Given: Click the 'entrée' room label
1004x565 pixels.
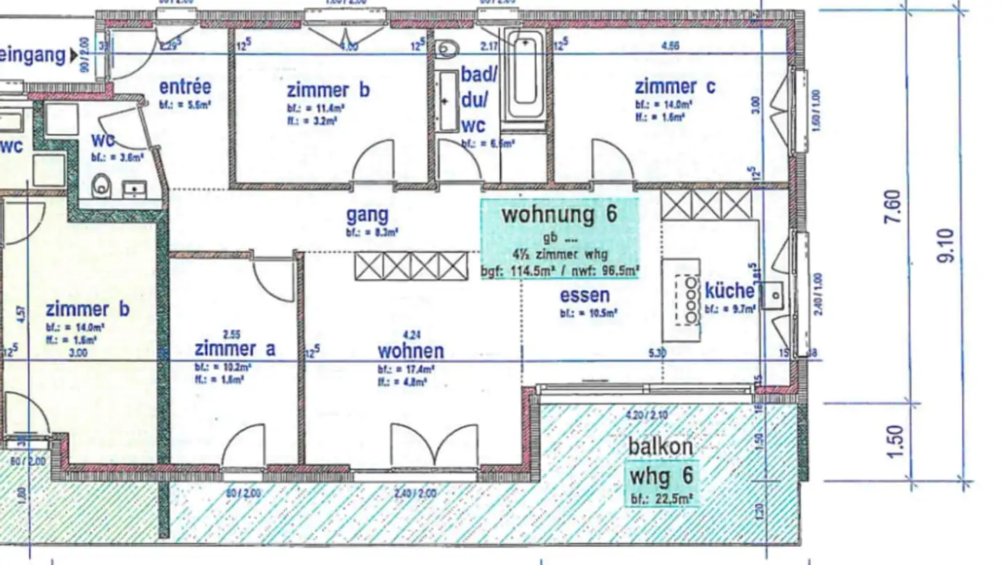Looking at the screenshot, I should [x=185, y=87].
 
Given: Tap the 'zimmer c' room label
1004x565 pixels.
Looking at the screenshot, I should [x=674, y=87].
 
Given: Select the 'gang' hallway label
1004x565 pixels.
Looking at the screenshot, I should [x=367, y=216].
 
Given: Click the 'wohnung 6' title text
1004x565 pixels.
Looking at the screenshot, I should [x=559, y=214].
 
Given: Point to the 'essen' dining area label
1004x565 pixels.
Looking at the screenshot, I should [x=585, y=296].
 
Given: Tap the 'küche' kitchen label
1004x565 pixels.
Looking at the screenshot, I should [x=729, y=290].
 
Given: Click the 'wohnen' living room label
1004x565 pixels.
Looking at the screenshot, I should [x=411, y=350].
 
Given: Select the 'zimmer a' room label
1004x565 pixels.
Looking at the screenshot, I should [x=235, y=349].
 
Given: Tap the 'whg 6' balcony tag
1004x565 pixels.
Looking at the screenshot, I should [x=661, y=476].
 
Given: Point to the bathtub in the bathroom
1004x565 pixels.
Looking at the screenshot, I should [x=526, y=77].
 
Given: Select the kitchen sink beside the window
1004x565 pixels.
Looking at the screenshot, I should [x=773, y=296].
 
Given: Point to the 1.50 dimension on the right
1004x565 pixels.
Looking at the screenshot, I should [x=897, y=441].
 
